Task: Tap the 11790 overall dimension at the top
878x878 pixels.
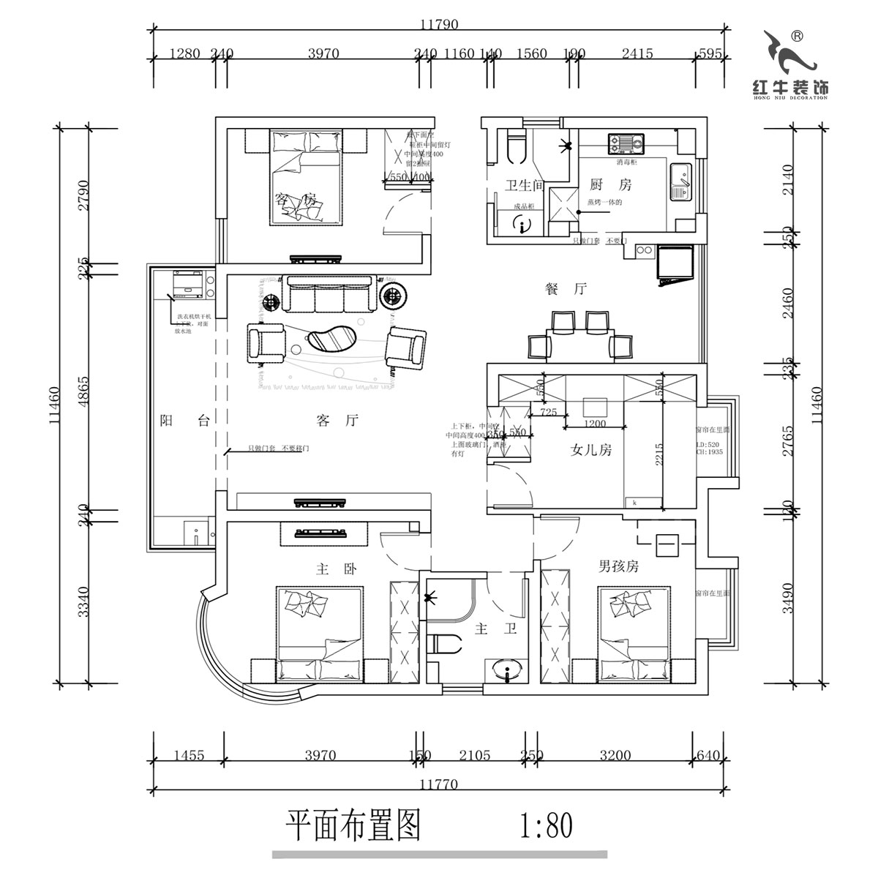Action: [x=439, y=24]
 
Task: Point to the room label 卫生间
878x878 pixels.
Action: [x=525, y=185]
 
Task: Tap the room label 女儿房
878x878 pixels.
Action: [x=590, y=450]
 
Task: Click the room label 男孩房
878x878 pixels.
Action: [x=619, y=566]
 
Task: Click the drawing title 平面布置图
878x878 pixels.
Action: [x=353, y=826]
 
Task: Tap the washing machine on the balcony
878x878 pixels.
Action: [x=189, y=285]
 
